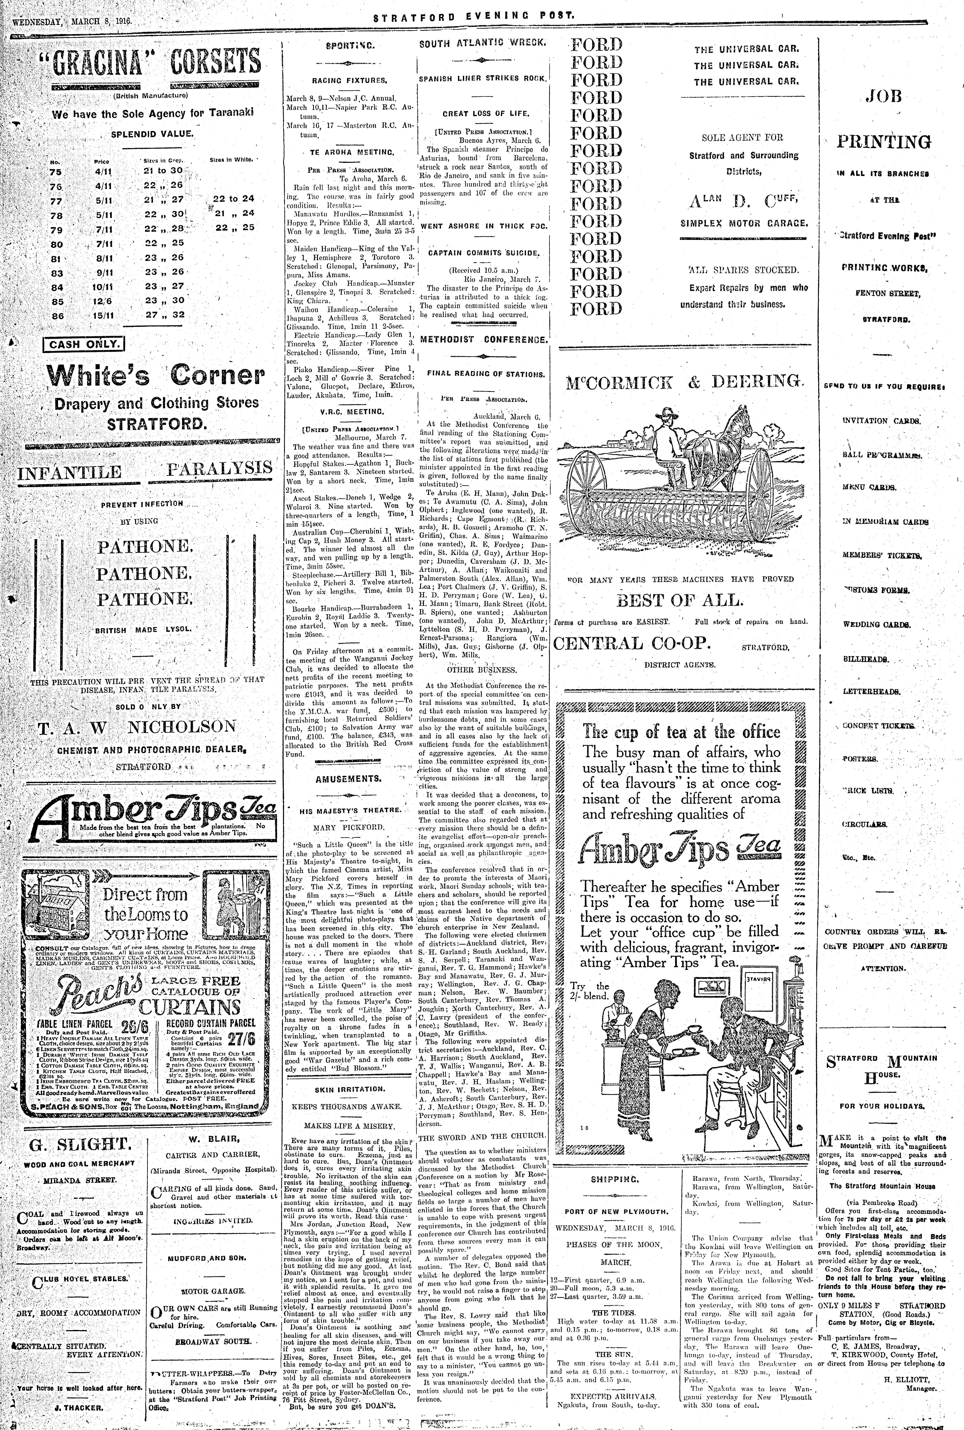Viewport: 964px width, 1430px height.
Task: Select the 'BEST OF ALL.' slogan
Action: [x=680, y=600]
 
